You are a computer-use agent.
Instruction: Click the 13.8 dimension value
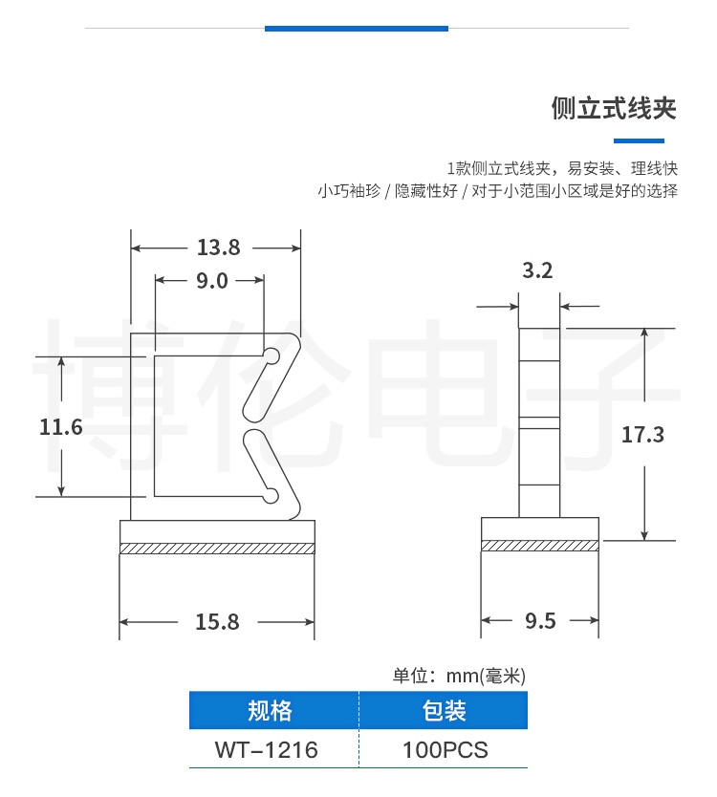[x=218, y=248]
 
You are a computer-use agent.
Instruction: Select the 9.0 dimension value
[x=211, y=281]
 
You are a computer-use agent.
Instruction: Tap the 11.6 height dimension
[x=61, y=427]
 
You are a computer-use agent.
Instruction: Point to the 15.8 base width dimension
[x=217, y=622]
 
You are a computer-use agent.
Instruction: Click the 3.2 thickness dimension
[x=538, y=271]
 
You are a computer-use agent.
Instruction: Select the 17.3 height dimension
[x=642, y=435]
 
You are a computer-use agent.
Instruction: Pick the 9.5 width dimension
[x=540, y=622]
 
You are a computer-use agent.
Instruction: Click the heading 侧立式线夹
[x=614, y=108]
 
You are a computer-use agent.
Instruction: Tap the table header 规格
[x=270, y=711]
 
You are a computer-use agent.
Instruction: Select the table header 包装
[x=444, y=711]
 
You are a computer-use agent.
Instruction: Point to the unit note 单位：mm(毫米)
[x=459, y=677]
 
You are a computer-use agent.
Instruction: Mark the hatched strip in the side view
[x=540, y=546]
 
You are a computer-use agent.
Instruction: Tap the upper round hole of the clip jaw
[x=272, y=357]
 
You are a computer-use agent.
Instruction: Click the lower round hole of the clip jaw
[x=272, y=494]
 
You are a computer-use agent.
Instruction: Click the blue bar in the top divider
[x=356, y=29]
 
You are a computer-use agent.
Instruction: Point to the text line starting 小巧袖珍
[x=497, y=191]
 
